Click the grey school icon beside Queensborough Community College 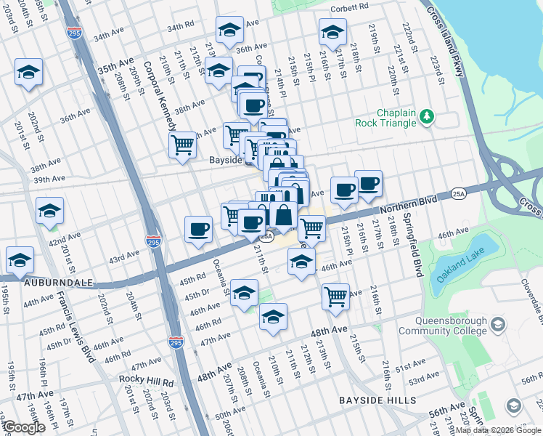[x=498, y=323]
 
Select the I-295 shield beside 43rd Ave [x=152, y=241]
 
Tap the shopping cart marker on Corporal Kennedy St [x=182, y=143]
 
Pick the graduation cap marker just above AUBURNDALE [x=20, y=259]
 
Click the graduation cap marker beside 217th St [x=332, y=32]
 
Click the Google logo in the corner [x=24, y=427]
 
